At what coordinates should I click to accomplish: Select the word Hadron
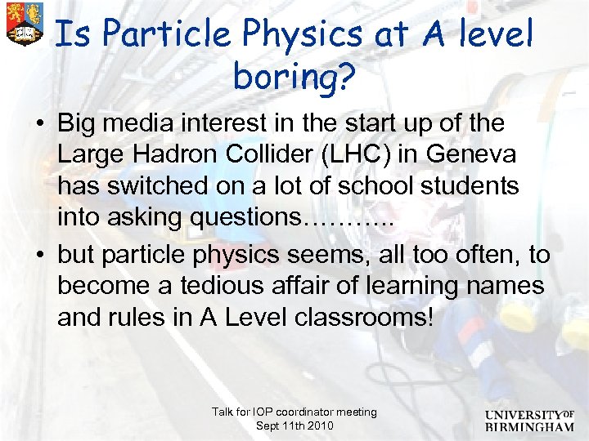[x=182, y=154]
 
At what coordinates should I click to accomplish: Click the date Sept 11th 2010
[x=294, y=426]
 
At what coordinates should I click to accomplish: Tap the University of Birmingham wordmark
[x=528, y=419]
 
